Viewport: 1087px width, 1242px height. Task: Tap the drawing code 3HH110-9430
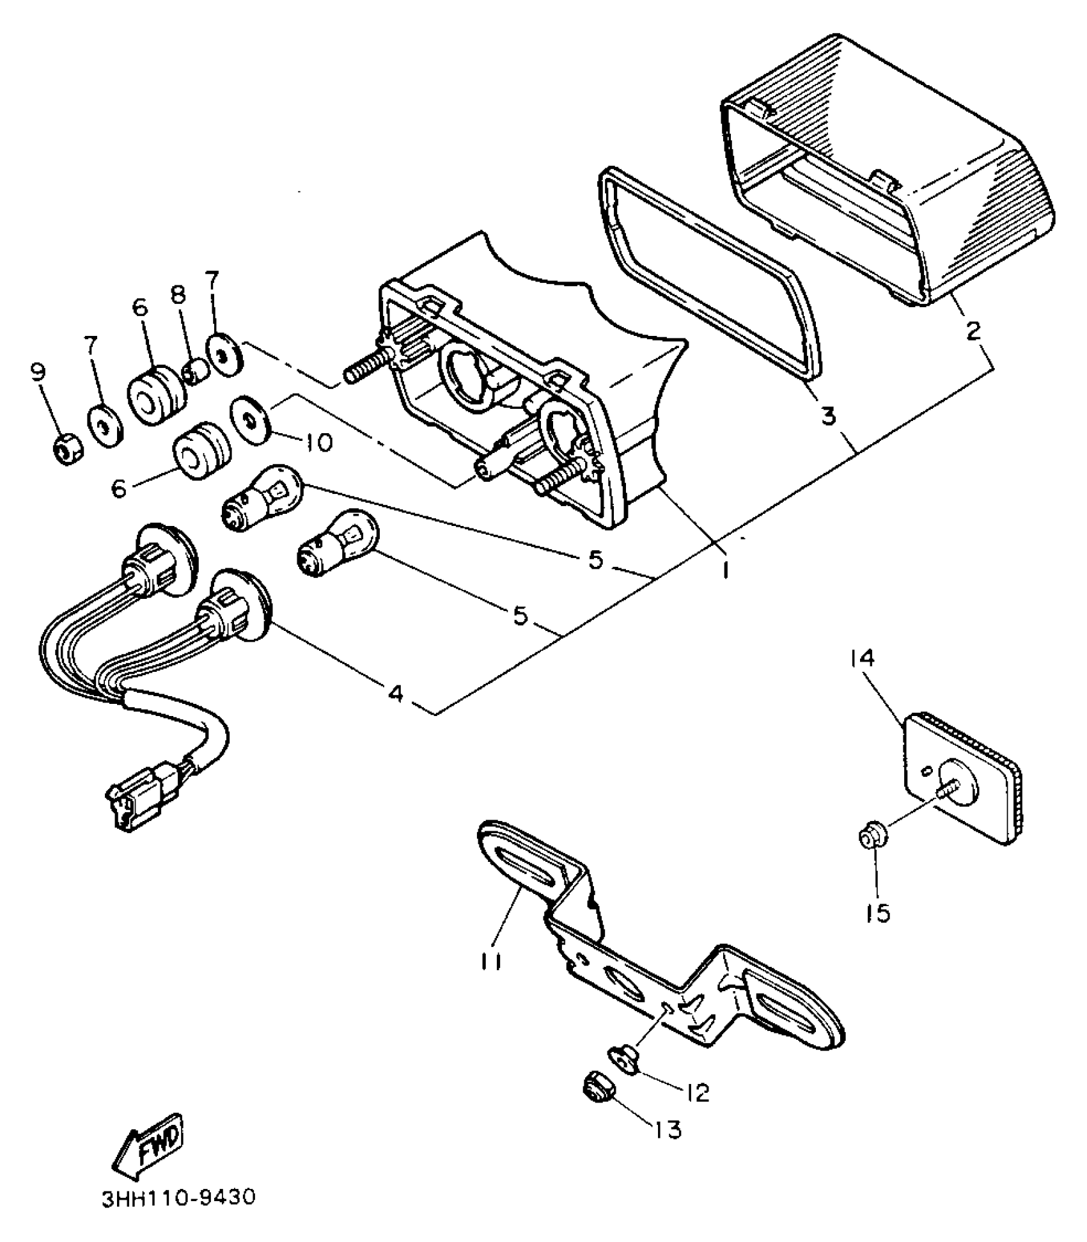(178, 1197)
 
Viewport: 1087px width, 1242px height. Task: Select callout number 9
(39, 372)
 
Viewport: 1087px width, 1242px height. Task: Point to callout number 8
(178, 295)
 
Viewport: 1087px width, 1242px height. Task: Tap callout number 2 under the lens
(973, 330)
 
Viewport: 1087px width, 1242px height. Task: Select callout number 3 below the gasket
(828, 416)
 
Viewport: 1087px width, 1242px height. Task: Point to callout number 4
(396, 692)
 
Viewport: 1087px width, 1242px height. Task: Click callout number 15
(880, 914)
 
